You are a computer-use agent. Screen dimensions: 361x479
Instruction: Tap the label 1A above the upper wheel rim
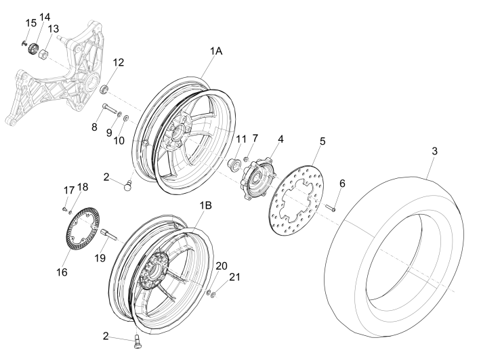click(215, 51)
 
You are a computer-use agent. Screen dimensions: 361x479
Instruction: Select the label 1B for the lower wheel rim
click(205, 203)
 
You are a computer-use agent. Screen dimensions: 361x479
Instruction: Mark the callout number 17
click(68, 189)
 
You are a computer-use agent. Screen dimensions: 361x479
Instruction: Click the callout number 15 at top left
click(30, 24)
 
